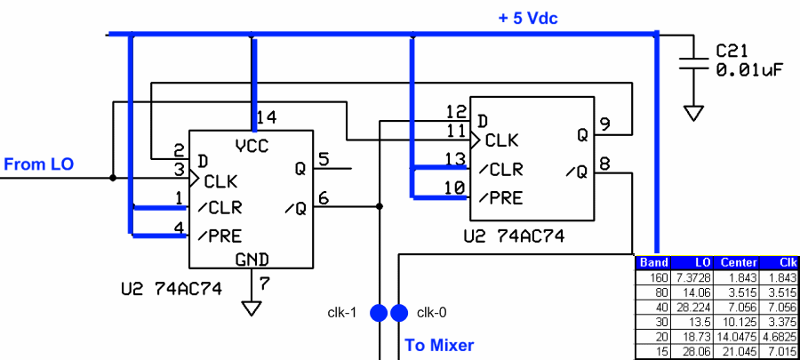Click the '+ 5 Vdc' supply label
(528, 18)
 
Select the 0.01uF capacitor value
(748, 69)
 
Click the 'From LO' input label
(38, 164)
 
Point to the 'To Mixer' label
(439, 345)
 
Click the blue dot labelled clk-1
(379, 313)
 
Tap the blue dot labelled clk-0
(399, 313)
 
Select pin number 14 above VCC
(266, 117)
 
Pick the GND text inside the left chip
(252, 260)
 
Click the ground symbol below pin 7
(252, 308)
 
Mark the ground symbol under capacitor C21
(693, 113)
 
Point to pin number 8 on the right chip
(605, 164)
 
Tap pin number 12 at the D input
(456, 112)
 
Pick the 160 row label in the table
(657, 277)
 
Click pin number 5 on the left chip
(323, 159)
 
